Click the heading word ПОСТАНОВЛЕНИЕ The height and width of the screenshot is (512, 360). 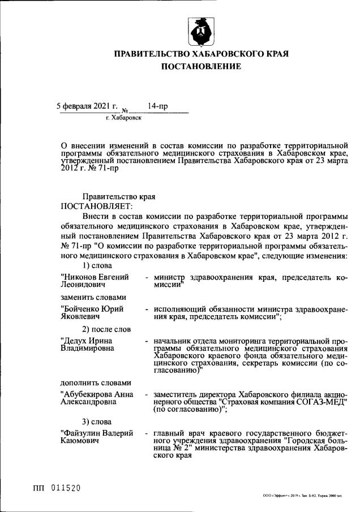202,67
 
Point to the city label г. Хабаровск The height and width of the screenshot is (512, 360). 123,118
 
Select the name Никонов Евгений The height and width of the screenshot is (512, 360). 95,277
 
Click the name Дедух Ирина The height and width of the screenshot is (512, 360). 87,341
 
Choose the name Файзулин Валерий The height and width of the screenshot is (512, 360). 97,433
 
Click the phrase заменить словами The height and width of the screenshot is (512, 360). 93,296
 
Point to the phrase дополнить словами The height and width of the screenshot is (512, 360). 96,382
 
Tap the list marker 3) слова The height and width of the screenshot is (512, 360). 97,421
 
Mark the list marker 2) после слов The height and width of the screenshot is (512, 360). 106,329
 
